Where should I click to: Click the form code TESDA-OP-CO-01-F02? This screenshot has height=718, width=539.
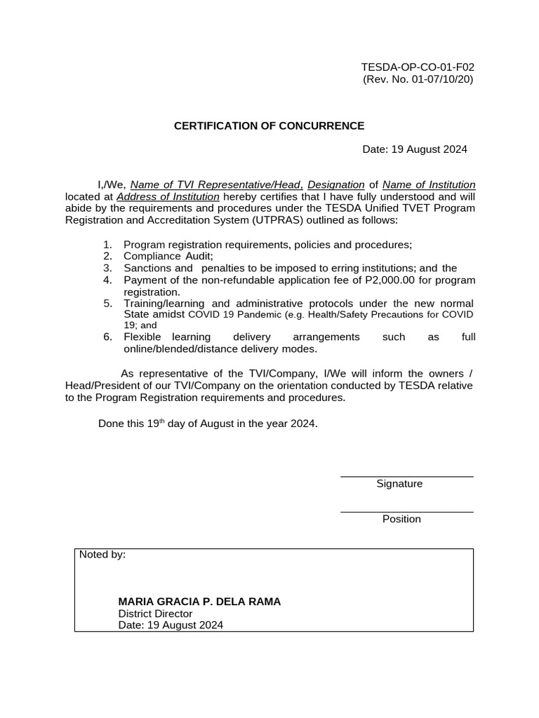click(x=418, y=67)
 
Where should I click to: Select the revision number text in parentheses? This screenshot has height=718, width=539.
click(x=418, y=79)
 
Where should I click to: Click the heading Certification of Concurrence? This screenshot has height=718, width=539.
click(x=269, y=126)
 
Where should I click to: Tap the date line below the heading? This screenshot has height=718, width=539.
click(x=414, y=149)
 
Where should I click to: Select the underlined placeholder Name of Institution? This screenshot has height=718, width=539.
click(x=429, y=185)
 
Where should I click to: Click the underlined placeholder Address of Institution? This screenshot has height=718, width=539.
click(x=168, y=197)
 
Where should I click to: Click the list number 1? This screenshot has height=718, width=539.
click(x=107, y=245)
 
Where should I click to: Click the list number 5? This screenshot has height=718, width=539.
click(x=107, y=304)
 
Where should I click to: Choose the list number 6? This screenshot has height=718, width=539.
click(x=107, y=337)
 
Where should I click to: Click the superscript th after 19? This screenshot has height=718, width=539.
click(x=161, y=421)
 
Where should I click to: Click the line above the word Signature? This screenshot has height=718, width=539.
click(x=406, y=477)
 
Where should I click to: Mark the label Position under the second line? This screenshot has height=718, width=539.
click(x=401, y=520)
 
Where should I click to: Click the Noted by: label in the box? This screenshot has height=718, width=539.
click(x=102, y=555)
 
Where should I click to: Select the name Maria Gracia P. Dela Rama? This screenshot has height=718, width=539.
click(x=199, y=602)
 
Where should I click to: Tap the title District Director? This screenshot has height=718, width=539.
click(x=155, y=614)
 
